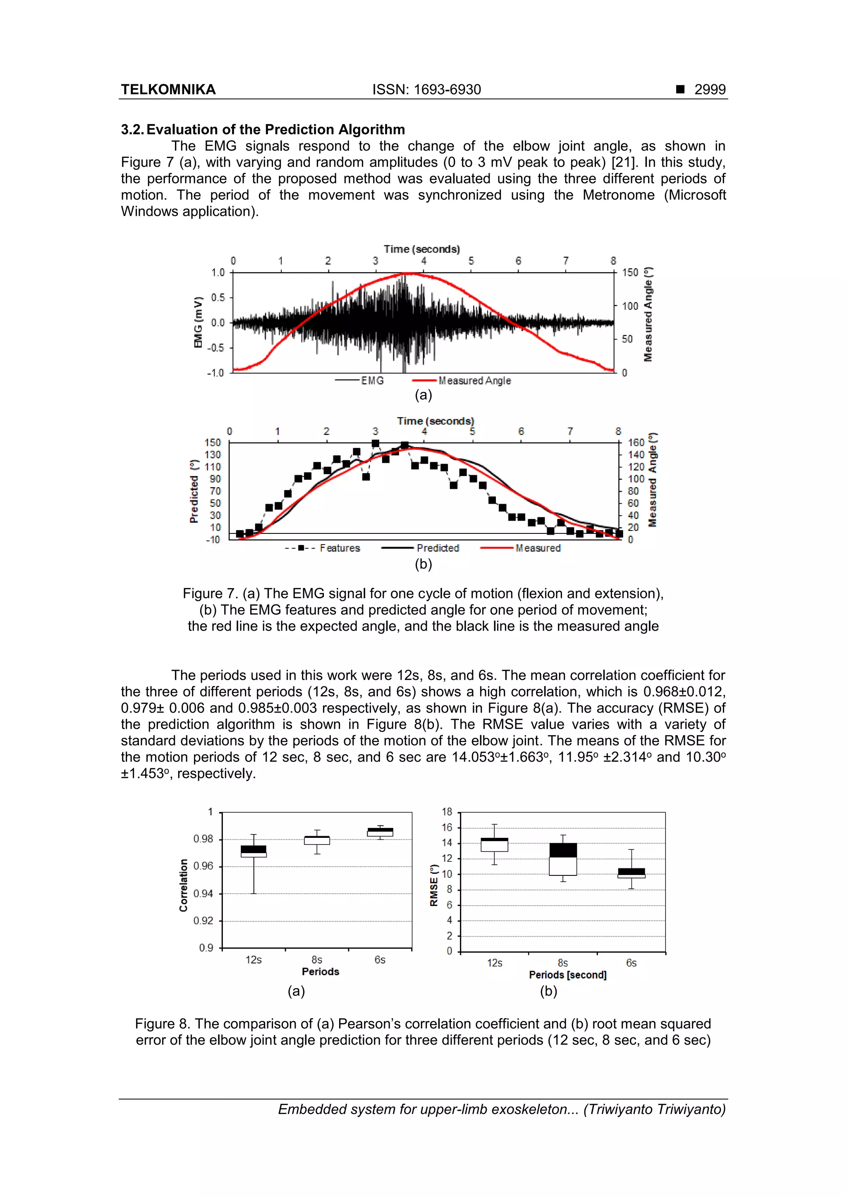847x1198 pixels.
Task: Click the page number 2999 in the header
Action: [709, 89]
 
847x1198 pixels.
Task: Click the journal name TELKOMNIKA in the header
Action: [168, 89]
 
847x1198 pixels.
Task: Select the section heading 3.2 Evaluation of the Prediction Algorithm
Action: [263, 129]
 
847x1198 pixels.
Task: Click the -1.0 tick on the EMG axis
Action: [215, 373]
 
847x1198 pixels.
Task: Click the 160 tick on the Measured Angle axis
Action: [636, 442]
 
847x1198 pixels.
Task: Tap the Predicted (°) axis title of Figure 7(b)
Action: [194, 491]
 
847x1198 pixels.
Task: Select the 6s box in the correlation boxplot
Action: [380, 832]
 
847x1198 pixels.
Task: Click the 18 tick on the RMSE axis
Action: [447, 812]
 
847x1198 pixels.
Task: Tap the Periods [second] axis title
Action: [567, 975]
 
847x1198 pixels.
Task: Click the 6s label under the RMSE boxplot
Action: [631, 963]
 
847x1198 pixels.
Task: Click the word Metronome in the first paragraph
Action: [618, 195]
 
